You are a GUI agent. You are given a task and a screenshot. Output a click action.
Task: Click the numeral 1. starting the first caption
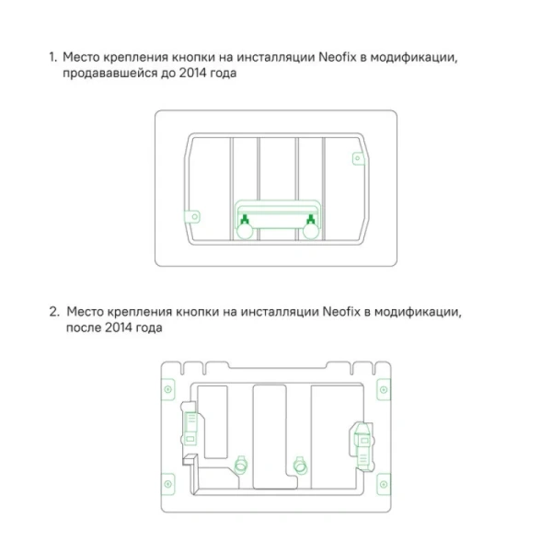[52, 58]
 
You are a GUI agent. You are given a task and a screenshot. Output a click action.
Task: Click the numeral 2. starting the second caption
[53, 311]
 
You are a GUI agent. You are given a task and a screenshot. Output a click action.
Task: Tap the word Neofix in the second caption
[343, 311]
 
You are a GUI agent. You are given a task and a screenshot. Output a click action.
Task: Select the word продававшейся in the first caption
[108, 75]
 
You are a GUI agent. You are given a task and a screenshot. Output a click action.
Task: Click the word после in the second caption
[84, 328]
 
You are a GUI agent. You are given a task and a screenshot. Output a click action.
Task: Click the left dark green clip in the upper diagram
[245, 220]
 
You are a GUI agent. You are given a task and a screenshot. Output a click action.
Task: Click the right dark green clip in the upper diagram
[312, 220]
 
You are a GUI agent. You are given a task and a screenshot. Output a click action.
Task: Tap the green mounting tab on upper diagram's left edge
[193, 217]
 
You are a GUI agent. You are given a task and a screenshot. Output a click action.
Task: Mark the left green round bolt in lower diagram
[243, 463]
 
